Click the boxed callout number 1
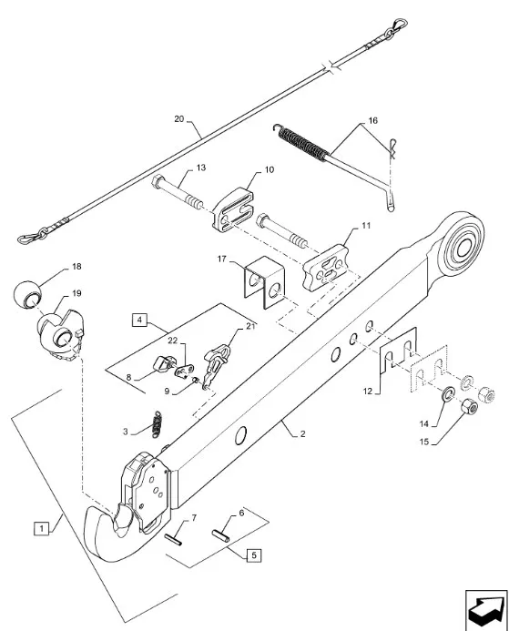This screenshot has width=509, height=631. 42,527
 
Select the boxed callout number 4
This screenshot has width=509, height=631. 139,320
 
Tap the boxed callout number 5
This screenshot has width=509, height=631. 253,555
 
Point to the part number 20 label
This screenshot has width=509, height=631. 179,119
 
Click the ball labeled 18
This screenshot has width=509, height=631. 27,293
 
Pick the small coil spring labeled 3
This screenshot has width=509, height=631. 157,424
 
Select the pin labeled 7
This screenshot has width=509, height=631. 173,539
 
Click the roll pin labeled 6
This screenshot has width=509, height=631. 220,536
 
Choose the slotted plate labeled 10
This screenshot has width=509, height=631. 233,209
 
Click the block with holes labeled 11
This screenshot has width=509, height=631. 325,267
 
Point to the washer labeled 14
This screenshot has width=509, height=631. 447,394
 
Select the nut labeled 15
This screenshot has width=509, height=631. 469,407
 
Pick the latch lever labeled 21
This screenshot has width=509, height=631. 216,362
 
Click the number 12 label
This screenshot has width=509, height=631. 368,391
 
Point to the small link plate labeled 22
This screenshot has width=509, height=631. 184,370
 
